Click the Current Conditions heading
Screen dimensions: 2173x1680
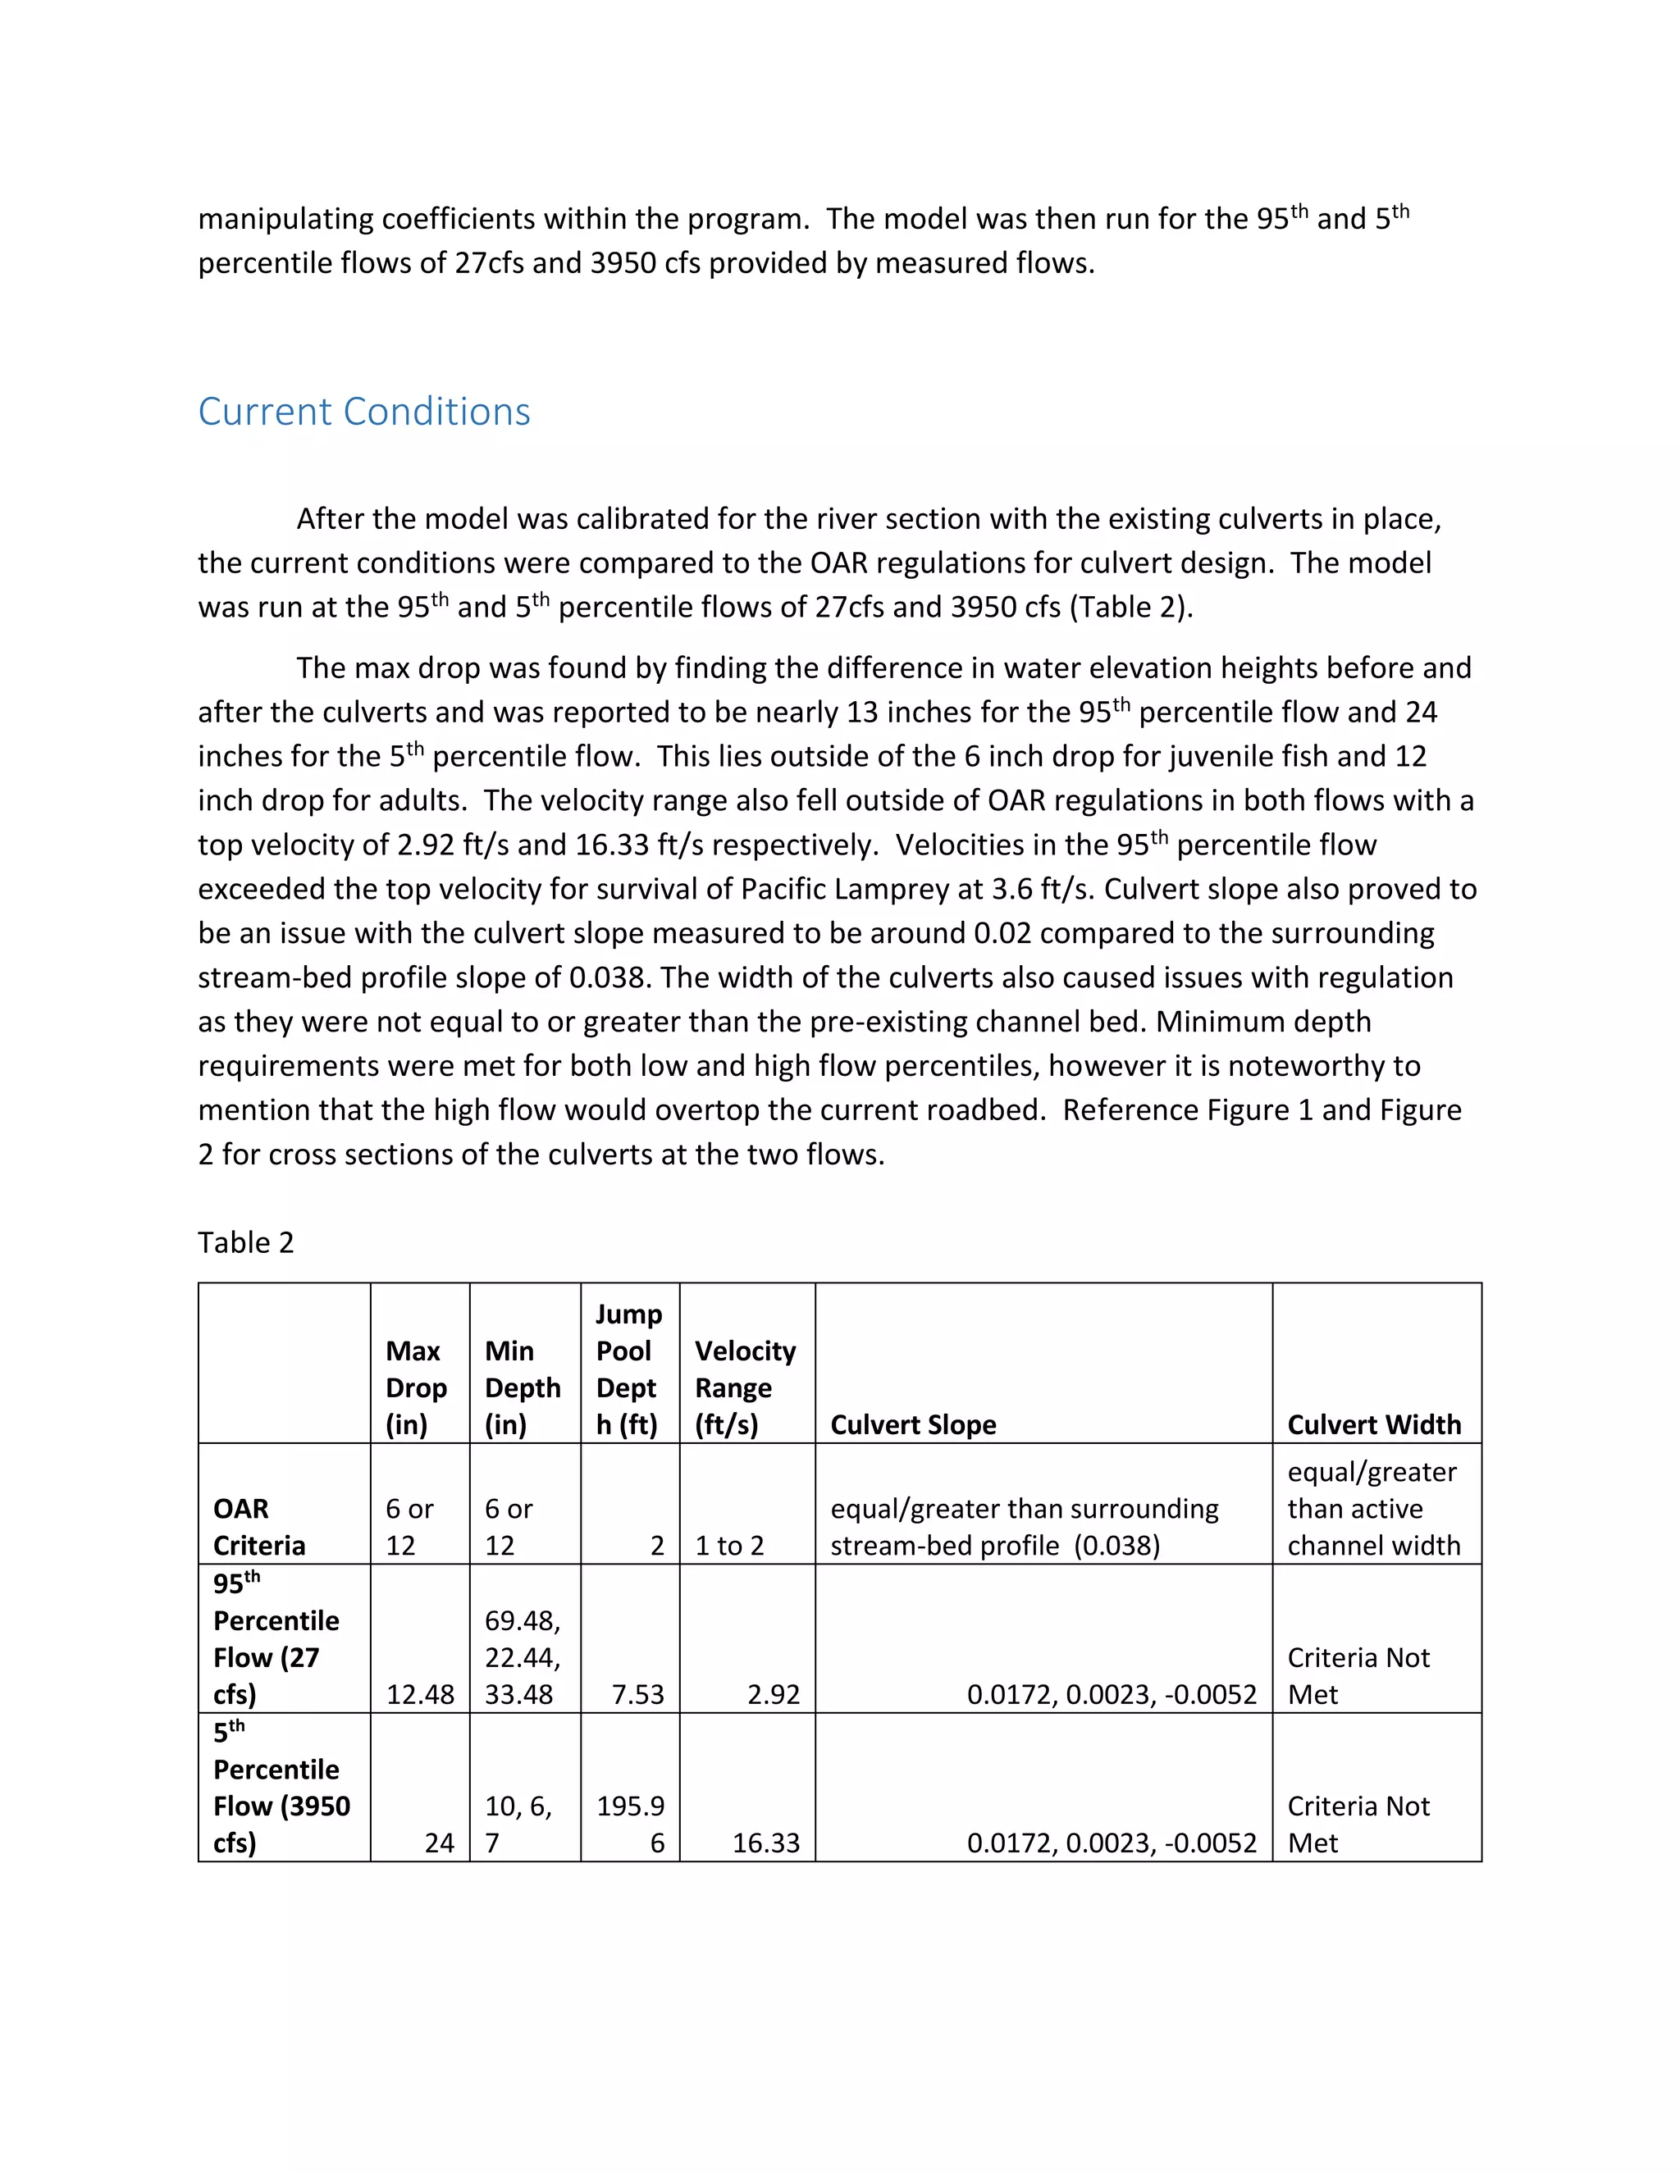[x=363, y=411]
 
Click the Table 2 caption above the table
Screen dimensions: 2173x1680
[x=246, y=1241]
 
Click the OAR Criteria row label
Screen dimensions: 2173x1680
[x=258, y=1526]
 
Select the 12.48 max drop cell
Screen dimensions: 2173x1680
[x=420, y=1693]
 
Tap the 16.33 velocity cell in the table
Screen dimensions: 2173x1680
[x=765, y=1843]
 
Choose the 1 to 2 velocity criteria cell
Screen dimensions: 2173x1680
[x=728, y=1545]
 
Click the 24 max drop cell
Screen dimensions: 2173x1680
[x=439, y=1843]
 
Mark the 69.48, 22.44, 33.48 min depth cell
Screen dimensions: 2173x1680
[x=523, y=1656]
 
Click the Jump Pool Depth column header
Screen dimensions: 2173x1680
[x=628, y=1369]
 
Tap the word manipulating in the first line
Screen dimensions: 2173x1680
[x=285, y=219]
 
